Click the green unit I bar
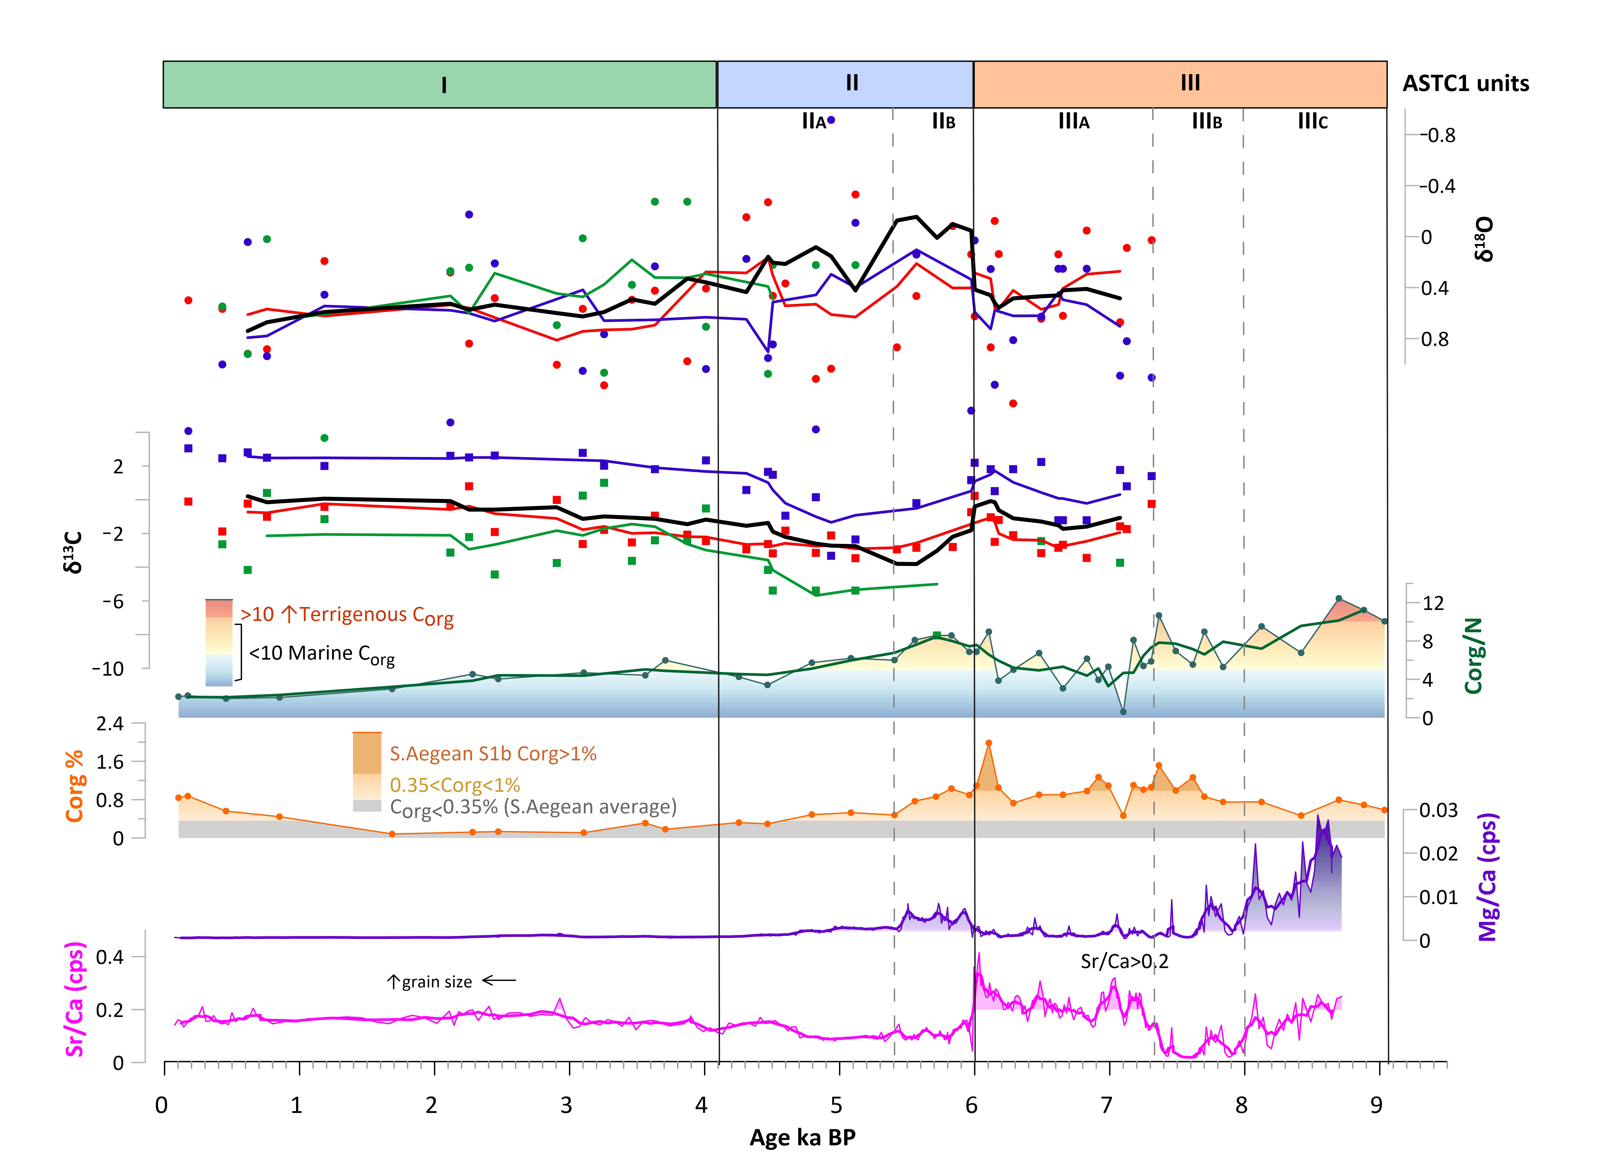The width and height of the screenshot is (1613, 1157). [x=440, y=85]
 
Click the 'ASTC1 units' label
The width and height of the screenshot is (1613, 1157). [x=1466, y=84]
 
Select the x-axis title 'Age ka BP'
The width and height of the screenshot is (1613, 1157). [x=802, y=1137]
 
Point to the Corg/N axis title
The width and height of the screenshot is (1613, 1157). [x=1473, y=655]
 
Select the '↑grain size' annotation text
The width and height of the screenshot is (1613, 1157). [x=429, y=982]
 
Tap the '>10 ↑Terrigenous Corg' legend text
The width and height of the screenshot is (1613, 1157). [x=346, y=615]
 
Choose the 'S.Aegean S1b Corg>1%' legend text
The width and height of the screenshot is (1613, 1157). [x=493, y=754]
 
